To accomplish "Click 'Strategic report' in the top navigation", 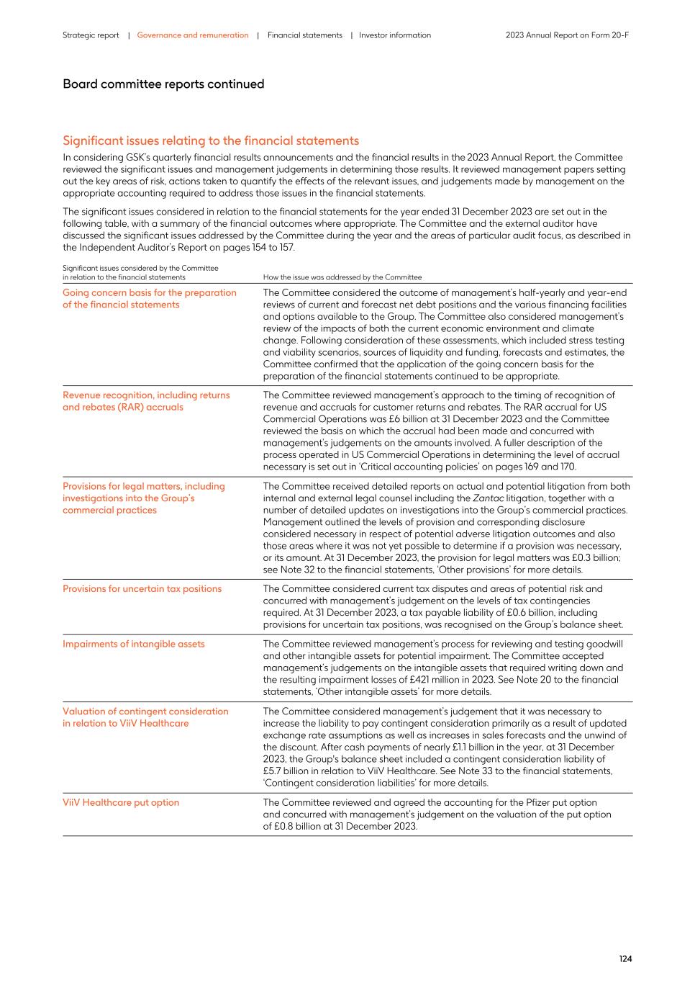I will [91, 35].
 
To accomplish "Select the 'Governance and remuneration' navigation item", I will [193, 35].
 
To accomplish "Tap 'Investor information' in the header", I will [395, 35].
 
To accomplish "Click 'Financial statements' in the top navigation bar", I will [305, 35].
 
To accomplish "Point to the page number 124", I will [625, 959].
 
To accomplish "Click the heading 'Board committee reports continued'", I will [163, 84].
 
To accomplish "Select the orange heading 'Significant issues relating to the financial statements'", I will [211, 141].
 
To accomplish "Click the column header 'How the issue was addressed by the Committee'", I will [342, 277].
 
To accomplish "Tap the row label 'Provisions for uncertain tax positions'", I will [142, 589].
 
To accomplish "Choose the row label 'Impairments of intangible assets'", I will [133, 645].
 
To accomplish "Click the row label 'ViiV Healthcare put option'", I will [121, 803].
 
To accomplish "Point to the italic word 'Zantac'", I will [488, 498].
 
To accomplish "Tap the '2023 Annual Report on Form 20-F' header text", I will [567, 35].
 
